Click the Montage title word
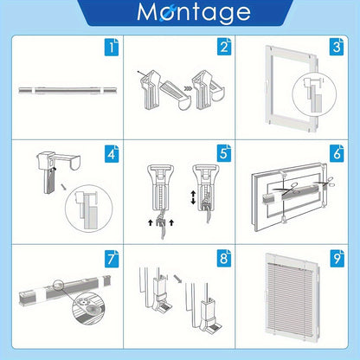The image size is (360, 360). tap(194, 12)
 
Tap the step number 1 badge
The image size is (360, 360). tap(112, 47)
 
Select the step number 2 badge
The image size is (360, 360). tap(224, 47)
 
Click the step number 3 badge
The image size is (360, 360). tap(337, 47)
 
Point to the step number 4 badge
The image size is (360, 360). tap(112, 153)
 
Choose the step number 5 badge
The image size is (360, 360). tap(224, 153)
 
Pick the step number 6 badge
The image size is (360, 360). tap(337, 153)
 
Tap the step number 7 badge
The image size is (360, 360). tap(112, 259)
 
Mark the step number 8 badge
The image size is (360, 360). tap(224, 259)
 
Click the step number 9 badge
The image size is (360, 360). tap(337, 259)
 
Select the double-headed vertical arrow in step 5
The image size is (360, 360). tap(193, 197)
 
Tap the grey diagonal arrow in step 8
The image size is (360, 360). tap(178, 279)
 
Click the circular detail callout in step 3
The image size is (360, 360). tap(314, 95)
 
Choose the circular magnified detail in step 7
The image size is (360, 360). tap(88, 311)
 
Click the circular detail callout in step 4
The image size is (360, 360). tap(88, 209)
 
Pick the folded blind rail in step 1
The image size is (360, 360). tap(67, 90)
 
